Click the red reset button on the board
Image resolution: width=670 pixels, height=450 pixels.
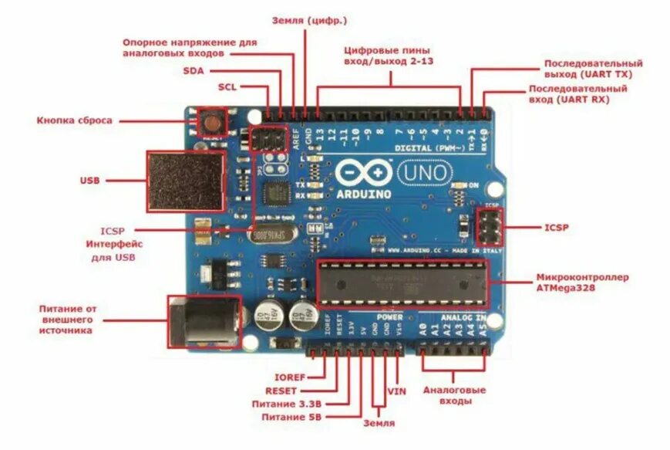pyautogui.click(x=210, y=121)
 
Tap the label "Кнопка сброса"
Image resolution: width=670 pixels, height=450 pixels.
pyautogui.click(x=74, y=120)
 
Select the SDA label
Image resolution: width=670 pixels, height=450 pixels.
pyautogui.click(x=194, y=70)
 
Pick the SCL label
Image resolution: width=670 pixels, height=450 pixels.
pyautogui.click(x=227, y=86)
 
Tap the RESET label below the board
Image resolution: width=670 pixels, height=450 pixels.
pyautogui.click(x=281, y=391)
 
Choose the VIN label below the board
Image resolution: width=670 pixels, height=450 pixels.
pyautogui.click(x=396, y=391)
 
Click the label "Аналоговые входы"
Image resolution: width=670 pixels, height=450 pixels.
pyautogui.click(x=452, y=396)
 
